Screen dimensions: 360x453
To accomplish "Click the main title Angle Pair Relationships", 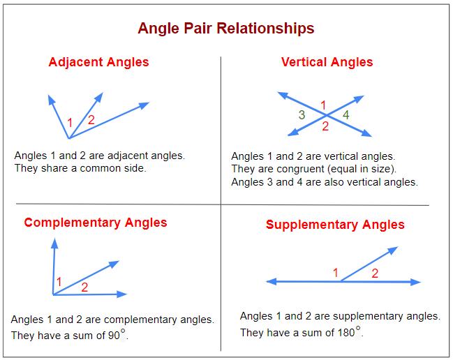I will pyautogui.click(x=225, y=29).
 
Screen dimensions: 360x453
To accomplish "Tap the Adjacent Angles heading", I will pyautogui.click(x=98, y=62).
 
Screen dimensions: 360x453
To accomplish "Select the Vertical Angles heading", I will pyautogui.click(x=327, y=62).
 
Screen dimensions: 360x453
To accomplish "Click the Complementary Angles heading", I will pyautogui.click(x=96, y=223).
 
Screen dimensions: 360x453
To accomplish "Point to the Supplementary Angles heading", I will pyautogui.click(x=335, y=225).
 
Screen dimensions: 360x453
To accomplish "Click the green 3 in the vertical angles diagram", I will pyautogui.click(x=302, y=115).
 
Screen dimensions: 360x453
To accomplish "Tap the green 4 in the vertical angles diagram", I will pyautogui.click(x=346, y=114).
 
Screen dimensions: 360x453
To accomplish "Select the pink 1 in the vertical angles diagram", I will pyautogui.click(x=323, y=105).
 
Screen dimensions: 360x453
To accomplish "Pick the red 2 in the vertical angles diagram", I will pyautogui.click(x=325, y=126).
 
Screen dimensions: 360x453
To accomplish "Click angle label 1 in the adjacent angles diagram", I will pyautogui.click(x=70, y=123).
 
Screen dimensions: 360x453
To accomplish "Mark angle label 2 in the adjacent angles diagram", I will pyautogui.click(x=91, y=120).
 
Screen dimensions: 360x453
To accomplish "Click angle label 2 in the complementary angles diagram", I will pyautogui.click(x=84, y=287).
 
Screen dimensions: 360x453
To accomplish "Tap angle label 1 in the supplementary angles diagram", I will pyautogui.click(x=336, y=273).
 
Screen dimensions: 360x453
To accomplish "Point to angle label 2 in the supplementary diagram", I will pyautogui.click(x=375, y=273).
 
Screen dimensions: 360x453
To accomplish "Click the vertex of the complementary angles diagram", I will pyautogui.click(x=54, y=294).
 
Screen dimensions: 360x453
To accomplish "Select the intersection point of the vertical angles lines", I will pyautogui.click(x=325, y=116).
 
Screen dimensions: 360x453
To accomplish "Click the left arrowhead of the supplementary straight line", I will pyautogui.click(x=271, y=282).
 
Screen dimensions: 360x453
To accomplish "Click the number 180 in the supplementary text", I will pyautogui.click(x=346, y=333).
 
